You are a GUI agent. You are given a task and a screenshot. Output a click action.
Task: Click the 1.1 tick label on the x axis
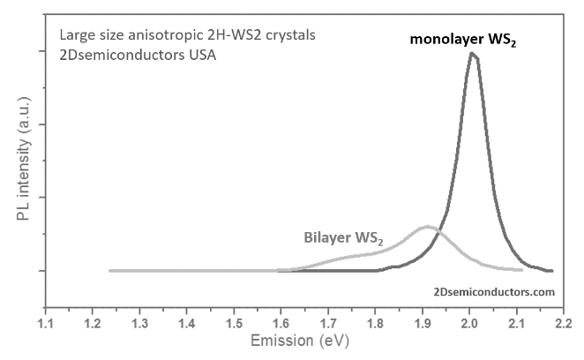46,323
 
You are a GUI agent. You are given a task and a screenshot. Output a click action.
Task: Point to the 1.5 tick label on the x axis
234,323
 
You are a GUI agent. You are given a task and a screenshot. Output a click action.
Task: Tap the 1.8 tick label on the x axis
375,323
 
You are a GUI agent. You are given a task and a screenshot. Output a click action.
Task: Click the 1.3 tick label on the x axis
139,323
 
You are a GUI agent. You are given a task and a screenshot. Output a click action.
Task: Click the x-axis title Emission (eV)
304,341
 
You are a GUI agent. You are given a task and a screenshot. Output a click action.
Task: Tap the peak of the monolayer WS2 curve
474,54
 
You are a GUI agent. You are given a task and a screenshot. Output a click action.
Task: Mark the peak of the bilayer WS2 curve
428,227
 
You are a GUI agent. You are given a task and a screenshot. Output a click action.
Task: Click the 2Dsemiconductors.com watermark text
495,290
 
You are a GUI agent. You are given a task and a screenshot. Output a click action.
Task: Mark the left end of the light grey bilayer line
110,270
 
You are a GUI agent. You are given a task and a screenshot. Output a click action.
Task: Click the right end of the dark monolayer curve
551,271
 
